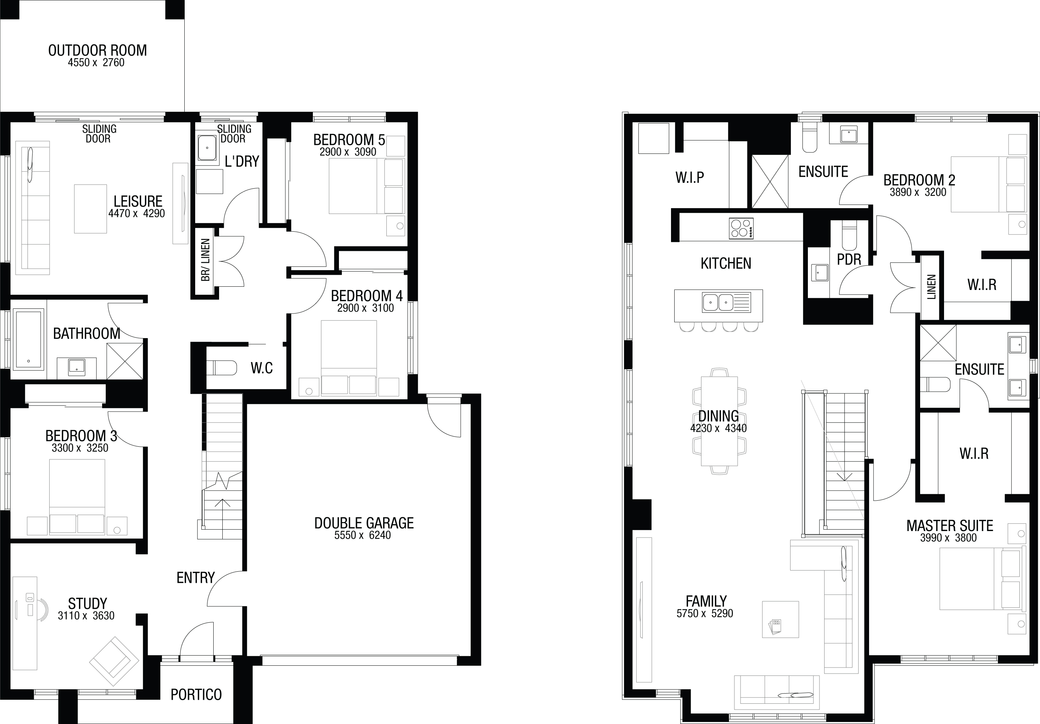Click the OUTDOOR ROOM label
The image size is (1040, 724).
97,50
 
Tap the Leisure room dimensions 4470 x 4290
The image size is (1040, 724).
137,213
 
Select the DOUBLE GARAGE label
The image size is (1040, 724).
364,523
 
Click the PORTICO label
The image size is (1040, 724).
196,695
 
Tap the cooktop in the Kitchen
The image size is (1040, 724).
741,228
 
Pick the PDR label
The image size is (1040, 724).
849,260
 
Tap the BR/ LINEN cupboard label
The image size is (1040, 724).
206,260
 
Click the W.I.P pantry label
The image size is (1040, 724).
690,177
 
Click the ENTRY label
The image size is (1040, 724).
196,577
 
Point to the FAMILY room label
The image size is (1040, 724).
706,601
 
